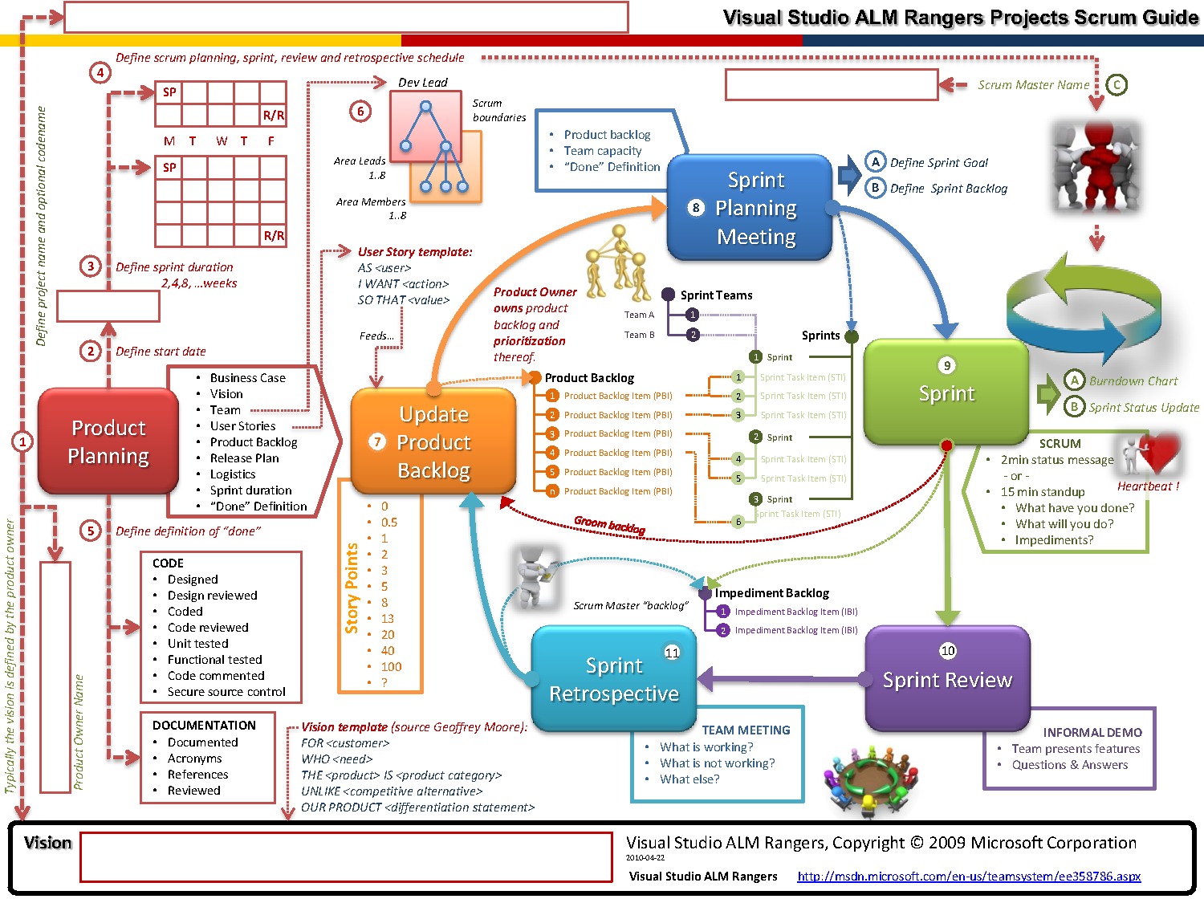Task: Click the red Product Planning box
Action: pyautogui.click(x=108, y=441)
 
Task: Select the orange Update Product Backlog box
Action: pyautogui.click(x=433, y=441)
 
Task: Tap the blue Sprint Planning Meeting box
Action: pyautogui.click(x=750, y=208)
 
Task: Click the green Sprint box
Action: pyautogui.click(x=946, y=393)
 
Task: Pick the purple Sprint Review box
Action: pyautogui.click(x=947, y=679)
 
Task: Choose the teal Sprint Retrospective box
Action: pyautogui.click(x=613, y=679)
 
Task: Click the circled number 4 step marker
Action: pyautogui.click(x=100, y=73)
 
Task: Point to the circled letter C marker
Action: pyautogui.click(x=1117, y=84)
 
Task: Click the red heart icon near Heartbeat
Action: pyautogui.click(x=1161, y=454)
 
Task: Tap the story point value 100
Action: pyautogui.click(x=391, y=666)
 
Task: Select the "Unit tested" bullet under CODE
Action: pyautogui.click(x=197, y=644)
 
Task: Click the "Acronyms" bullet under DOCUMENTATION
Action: pyautogui.click(x=194, y=759)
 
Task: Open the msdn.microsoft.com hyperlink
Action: pyautogui.click(x=969, y=877)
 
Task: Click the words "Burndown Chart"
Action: pyautogui.click(x=1133, y=381)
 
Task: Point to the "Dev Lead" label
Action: pyautogui.click(x=423, y=83)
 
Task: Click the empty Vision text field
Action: pyautogui.click(x=347, y=857)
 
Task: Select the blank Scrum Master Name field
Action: pyautogui.click(x=832, y=84)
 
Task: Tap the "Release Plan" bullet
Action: pyautogui.click(x=244, y=458)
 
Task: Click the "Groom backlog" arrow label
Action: pyautogui.click(x=609, y=526)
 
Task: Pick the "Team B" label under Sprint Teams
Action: pyautogui.click(x=639, y=335)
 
